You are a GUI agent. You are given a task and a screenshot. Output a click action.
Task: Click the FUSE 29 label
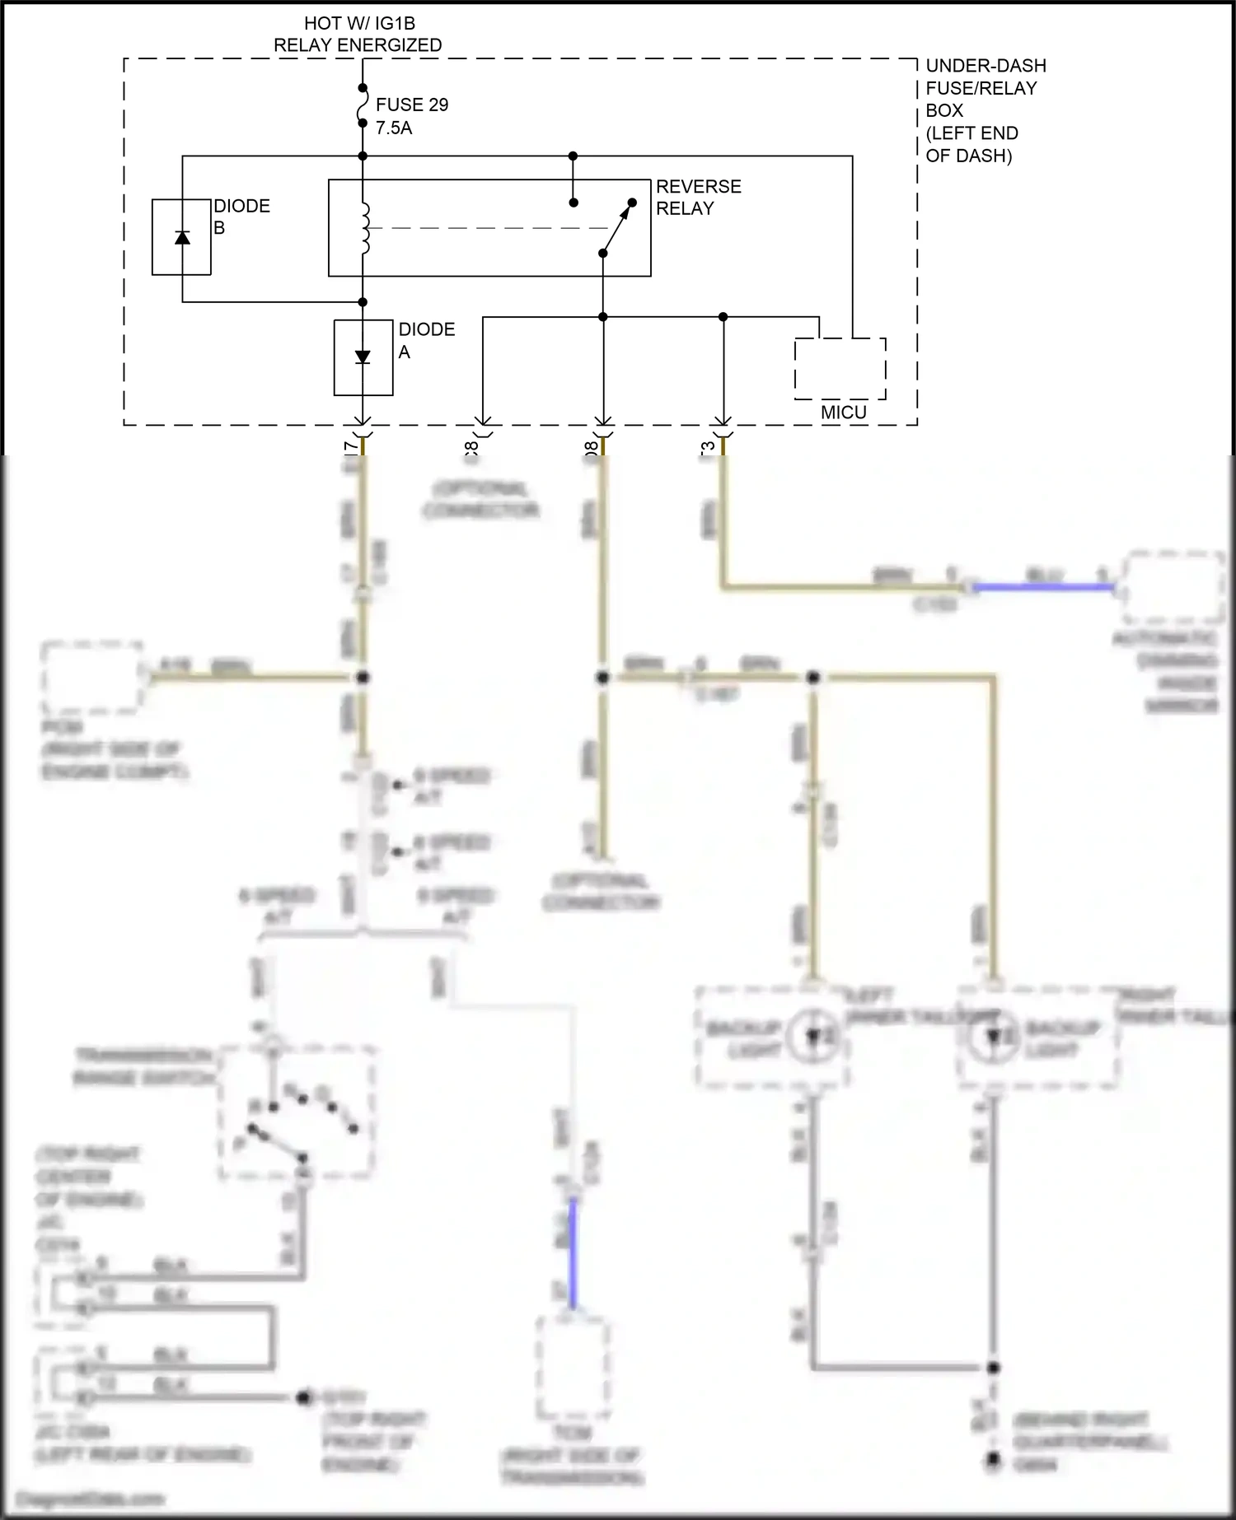click(411, 105)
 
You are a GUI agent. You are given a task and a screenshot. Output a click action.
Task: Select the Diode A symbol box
click(363, 357)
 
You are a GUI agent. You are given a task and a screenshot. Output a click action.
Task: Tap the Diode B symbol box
click(181, 237)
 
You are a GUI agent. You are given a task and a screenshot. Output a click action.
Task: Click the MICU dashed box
click(840, 368)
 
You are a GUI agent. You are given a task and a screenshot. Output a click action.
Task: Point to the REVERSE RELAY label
click(698, 198)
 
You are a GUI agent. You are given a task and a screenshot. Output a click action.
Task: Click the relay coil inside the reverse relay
click(364, 228)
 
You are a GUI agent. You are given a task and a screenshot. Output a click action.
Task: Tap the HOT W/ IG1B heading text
click(358, 24)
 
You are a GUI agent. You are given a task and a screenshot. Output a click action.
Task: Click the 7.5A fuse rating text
click(394, 128)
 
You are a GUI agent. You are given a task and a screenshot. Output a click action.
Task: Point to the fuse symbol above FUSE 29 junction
click(362, 105)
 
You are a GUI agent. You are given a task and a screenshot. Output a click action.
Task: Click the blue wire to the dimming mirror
click(1042, 587)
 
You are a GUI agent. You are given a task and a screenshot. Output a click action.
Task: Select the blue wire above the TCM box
click(573, 1252)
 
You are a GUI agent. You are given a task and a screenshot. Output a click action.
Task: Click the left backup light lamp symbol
click(814, 1036)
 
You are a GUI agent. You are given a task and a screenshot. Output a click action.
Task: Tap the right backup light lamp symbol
click(994, 1036)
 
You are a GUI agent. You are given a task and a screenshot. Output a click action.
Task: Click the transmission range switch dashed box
click(297, 1112)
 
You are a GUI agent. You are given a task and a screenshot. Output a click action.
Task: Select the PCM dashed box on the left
click(91, 677)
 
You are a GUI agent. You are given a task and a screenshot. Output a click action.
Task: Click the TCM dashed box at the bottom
click(573, 1367)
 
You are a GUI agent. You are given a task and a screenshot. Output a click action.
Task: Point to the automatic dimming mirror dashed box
click(1173, 587)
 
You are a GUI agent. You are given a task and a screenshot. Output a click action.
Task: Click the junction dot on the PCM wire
click(363, 678)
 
